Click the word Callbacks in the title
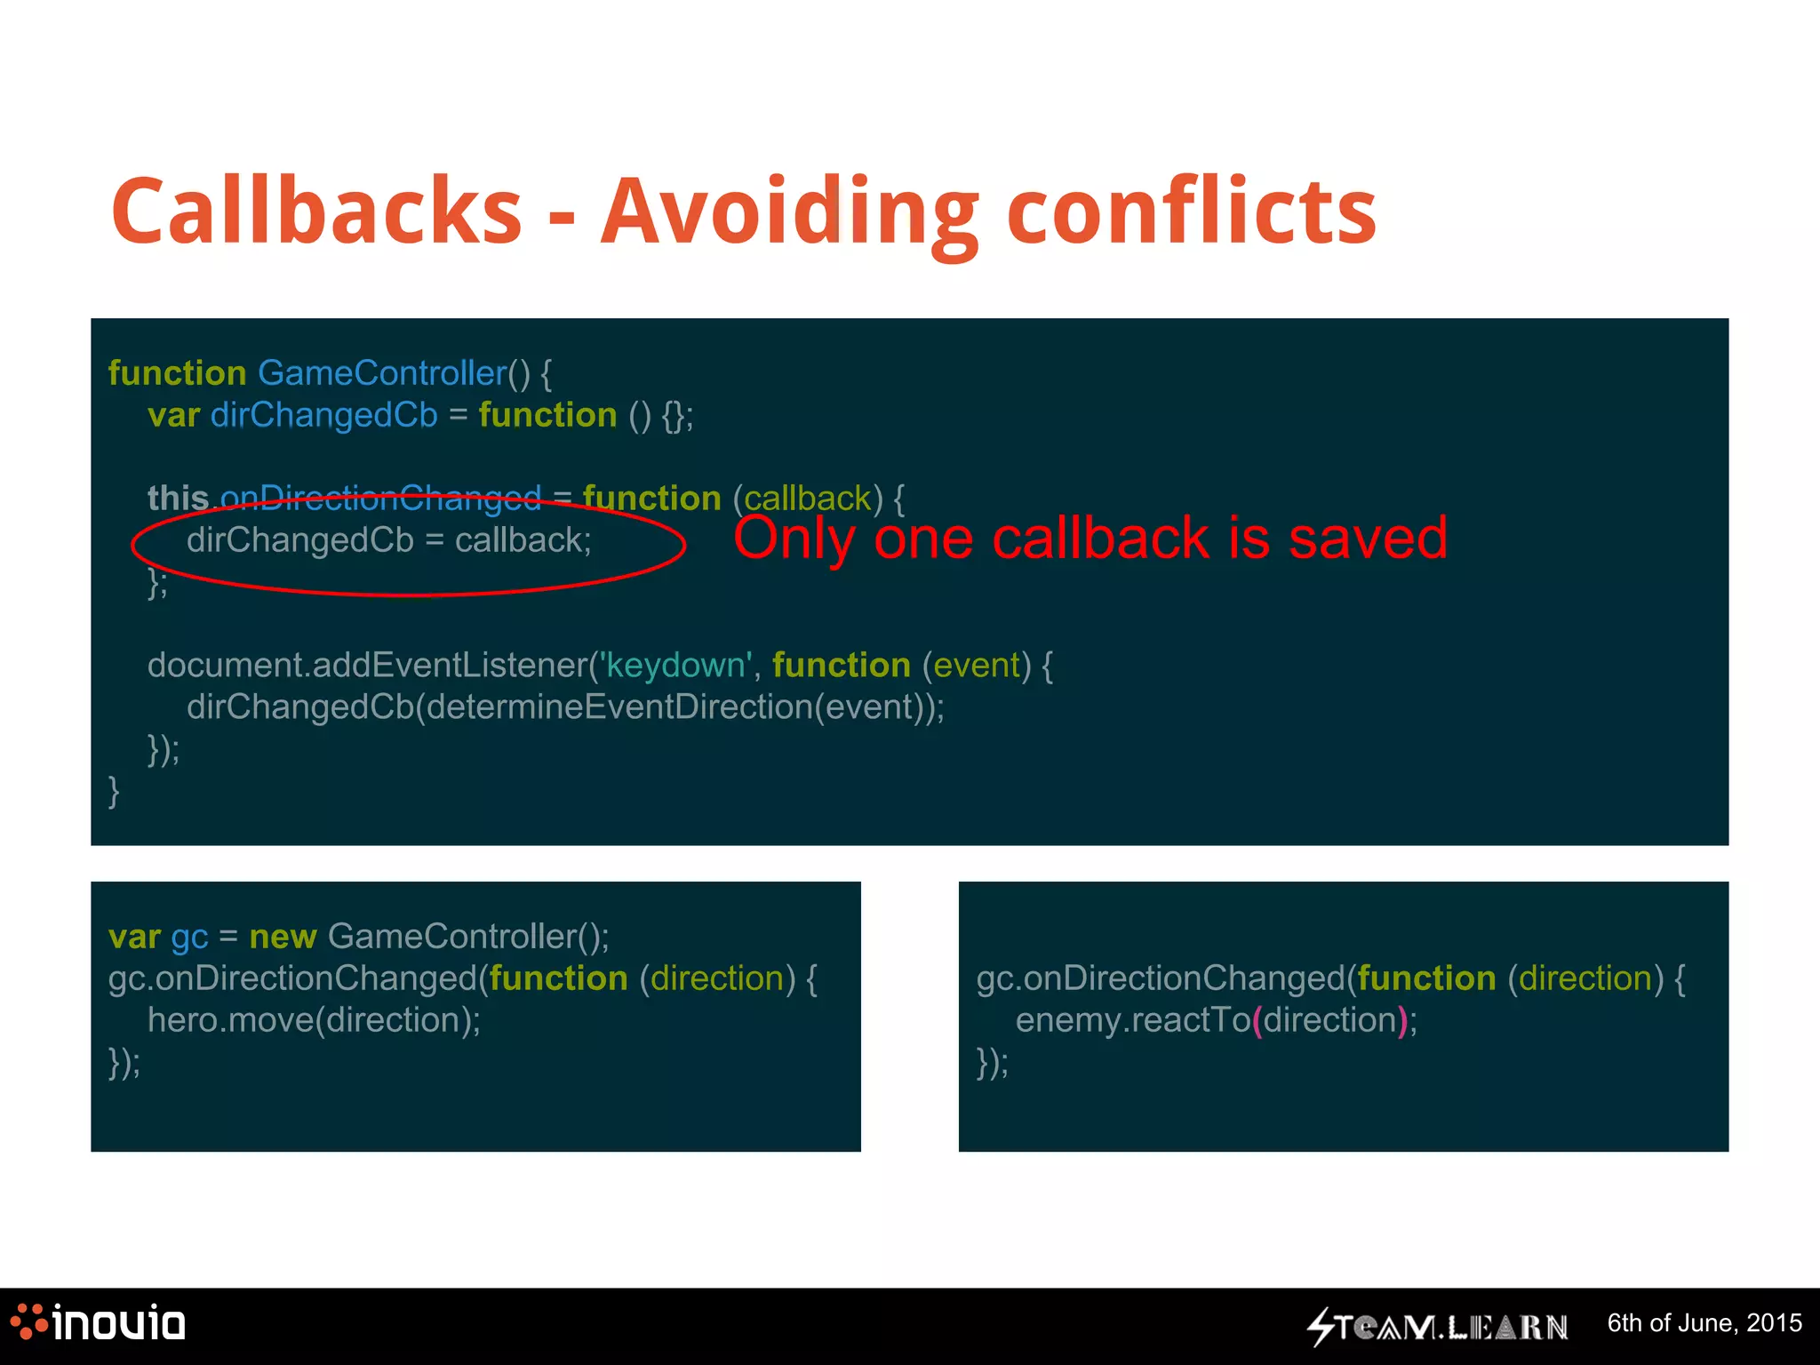pos(316,211)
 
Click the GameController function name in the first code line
pos(381,373)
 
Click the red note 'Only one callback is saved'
pos(1090,538)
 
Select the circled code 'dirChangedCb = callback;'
pos(388,540)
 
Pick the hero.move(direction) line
pos(314,1020)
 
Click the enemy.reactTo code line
pos(1216,1020)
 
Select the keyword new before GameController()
pos(283,937)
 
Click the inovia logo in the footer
pos(98,1323)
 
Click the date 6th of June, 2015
pos(1704,1323)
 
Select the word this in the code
pos(178,499)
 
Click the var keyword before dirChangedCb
pos(173,415)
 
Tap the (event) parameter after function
pos(977,665)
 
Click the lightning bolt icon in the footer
pos(1321,1327)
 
